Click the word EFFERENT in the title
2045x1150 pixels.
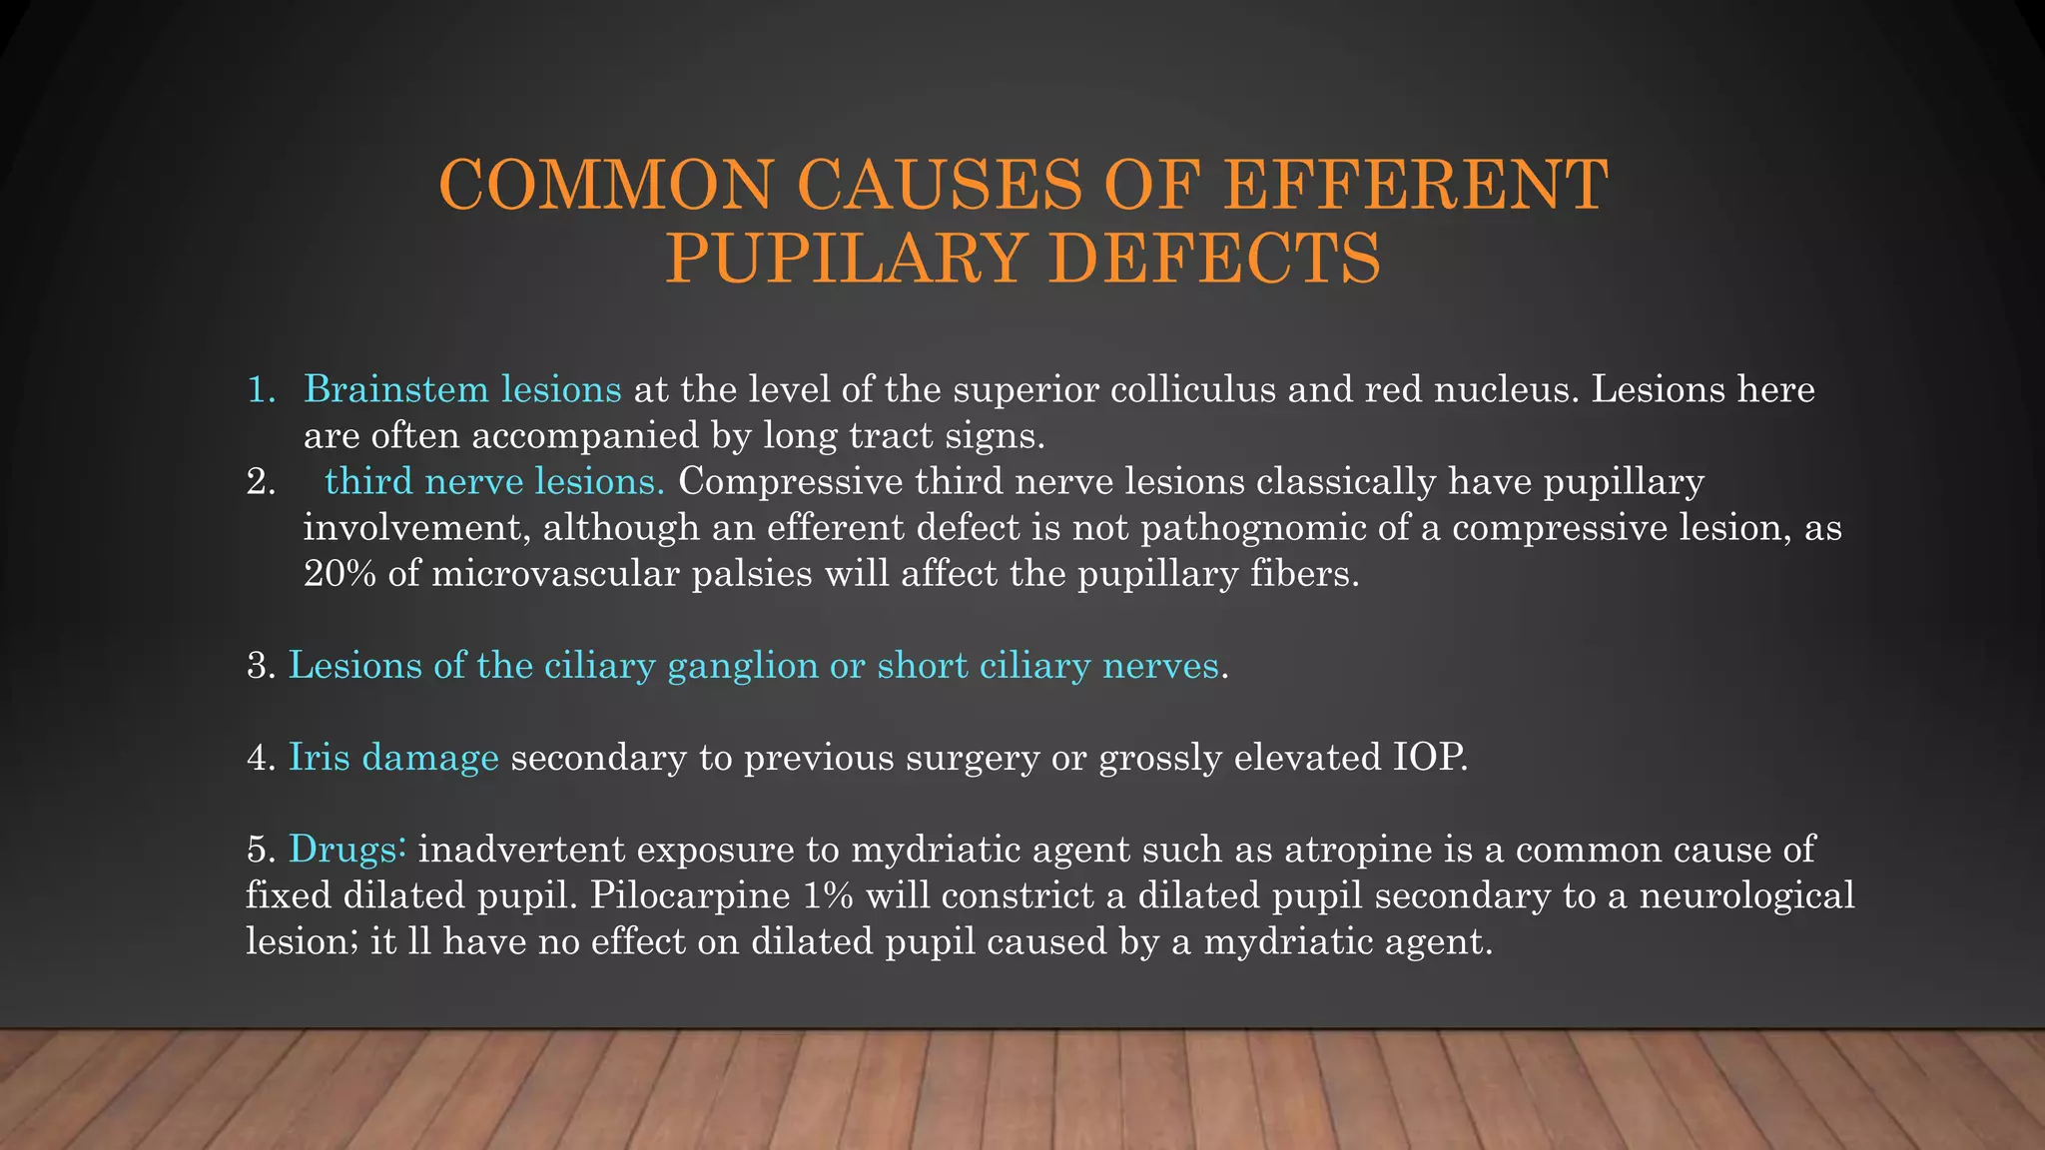[x=1415, y=186]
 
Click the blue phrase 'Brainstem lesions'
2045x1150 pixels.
[x=462, y=388]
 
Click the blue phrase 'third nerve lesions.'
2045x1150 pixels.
[x=494, y=481]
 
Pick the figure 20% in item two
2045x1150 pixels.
[x=340, y=574]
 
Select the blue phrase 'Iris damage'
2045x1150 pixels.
[x=393, y=758]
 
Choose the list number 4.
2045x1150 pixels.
[x=260, y=758]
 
